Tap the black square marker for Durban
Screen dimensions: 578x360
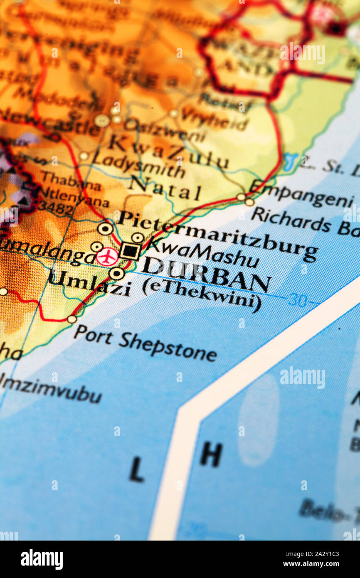tap(131, 251)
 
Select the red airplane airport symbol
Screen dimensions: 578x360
tap(107, 257)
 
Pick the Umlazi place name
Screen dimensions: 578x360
tap(89, 283)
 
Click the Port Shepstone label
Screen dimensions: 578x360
tap(145, 343)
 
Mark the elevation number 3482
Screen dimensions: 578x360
tap(57, 208)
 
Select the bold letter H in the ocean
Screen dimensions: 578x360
tap(211, 454)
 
